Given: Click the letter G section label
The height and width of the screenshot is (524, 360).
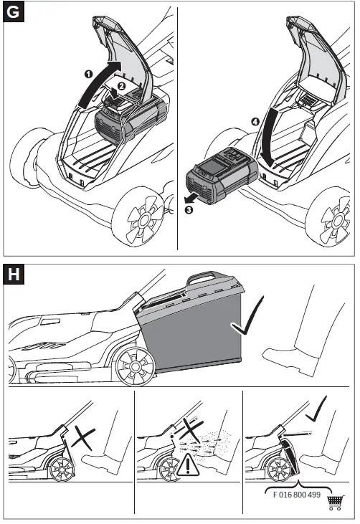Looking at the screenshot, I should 13,13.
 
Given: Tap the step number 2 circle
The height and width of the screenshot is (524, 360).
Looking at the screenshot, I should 121,86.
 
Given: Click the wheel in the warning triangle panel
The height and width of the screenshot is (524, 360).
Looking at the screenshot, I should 171,470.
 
